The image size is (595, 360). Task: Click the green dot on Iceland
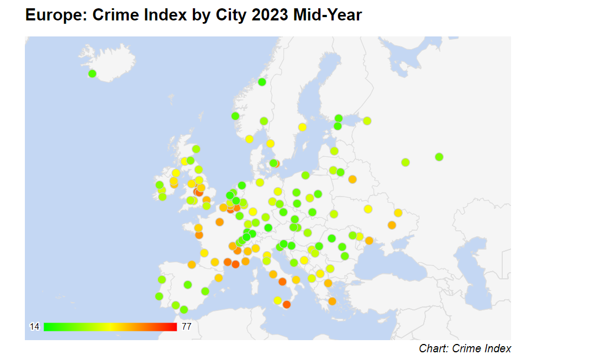92,73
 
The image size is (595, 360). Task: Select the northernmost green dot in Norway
262,82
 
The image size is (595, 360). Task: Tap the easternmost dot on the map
439,157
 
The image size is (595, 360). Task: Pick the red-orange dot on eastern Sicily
286,304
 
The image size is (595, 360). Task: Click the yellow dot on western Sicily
277,300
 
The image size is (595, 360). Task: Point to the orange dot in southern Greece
332,301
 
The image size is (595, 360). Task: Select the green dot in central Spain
187,285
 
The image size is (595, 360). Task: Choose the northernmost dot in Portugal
161,279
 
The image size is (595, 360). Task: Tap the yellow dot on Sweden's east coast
302,127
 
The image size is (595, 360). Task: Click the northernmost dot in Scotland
196,149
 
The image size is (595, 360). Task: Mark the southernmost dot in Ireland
162,197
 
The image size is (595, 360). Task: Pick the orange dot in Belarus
352,179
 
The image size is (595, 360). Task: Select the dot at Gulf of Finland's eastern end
367,121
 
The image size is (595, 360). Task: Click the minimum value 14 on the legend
34,327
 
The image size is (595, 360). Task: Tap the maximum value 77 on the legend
186,327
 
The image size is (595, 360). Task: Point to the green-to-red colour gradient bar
110,327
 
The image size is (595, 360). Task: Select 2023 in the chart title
270,15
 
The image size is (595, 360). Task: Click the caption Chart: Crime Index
465,348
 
